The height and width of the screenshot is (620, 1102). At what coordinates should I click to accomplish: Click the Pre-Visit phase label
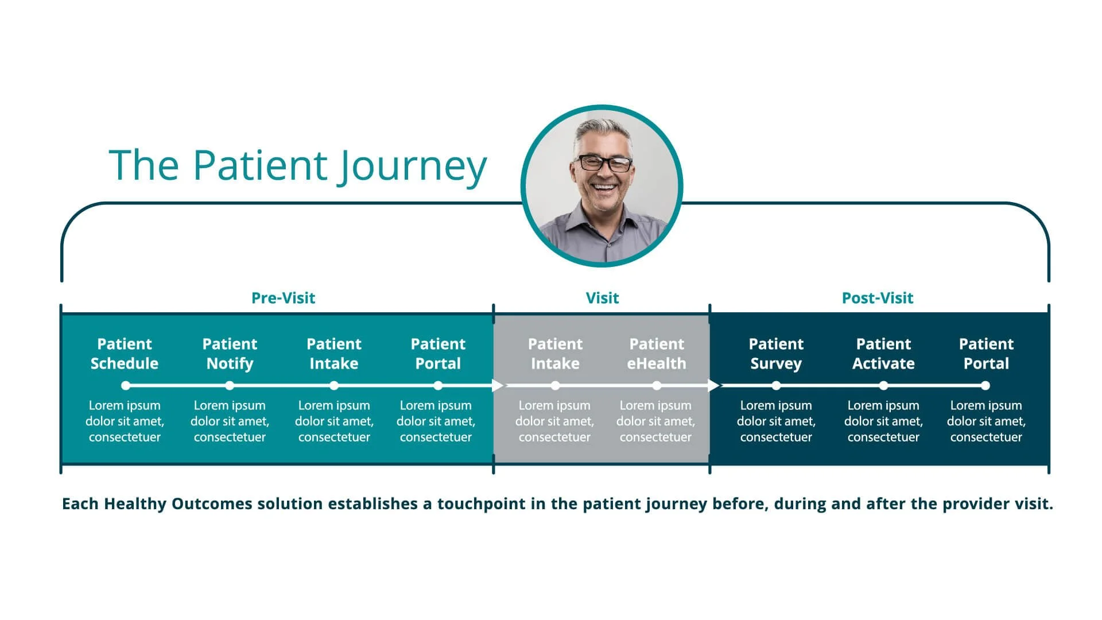tap(283, 298)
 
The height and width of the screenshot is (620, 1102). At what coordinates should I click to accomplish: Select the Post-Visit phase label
tap(877, 298)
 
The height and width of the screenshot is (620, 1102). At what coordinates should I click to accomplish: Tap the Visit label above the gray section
tap(602, 298)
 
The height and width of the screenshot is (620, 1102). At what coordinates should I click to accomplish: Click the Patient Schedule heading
tap(125, 354)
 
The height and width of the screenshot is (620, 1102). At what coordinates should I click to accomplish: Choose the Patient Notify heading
tap(230, 354)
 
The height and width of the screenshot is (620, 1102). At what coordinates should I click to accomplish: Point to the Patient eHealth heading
tap(657, 354)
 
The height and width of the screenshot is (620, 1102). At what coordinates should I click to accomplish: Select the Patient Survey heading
tap(776, 354)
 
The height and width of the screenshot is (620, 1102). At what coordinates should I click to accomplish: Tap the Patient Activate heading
tap(883, 354)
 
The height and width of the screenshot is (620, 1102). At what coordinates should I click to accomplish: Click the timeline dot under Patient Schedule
tap(126, 386)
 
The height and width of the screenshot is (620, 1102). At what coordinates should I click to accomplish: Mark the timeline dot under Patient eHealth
tap(657, 386)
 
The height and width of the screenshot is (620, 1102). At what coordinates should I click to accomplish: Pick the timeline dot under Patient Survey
tap(776, 386)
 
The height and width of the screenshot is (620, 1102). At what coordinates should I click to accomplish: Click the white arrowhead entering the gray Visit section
tap(498, 386)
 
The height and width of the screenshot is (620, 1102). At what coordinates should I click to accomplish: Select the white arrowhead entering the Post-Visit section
tap(714, 386)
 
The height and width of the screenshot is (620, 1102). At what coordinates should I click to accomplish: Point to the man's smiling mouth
tap(604, 187)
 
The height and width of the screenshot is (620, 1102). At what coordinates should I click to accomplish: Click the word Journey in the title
tap(412, 166)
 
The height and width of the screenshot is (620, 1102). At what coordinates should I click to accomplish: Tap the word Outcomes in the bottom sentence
tap(212, 504)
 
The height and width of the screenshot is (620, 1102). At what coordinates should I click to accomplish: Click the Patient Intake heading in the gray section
tap(555, 354)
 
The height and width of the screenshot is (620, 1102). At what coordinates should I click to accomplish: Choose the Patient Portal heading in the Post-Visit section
tap(986, 354)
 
